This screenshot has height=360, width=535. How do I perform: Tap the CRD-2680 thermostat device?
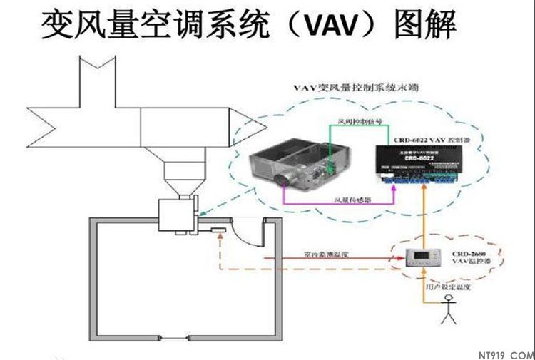point(419,259)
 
